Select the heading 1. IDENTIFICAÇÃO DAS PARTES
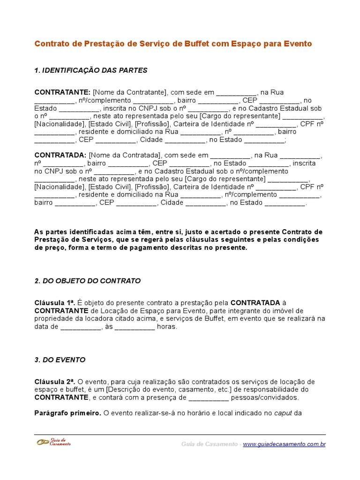pos(91,70)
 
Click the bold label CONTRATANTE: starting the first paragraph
pos(63,92)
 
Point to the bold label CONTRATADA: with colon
pos(60,155)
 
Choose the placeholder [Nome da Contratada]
pos(124,155)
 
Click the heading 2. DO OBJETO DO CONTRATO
pos(88,281)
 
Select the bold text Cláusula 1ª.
pos(54,303)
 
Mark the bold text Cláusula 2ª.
pos(54,382)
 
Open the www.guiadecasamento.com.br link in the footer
pos(284,444)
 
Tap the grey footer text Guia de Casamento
pos(209,444)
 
